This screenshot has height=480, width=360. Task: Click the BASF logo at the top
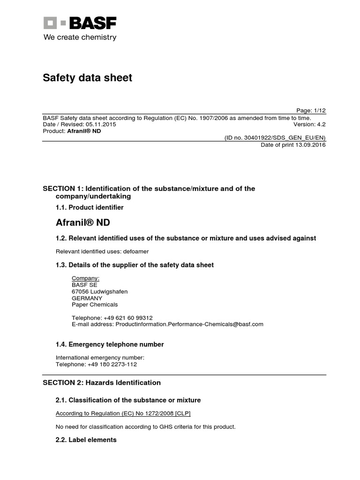[x=80, y=23]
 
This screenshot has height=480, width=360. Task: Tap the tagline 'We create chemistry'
[x=80, y=37]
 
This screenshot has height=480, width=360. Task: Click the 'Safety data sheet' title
[x=88, y=78]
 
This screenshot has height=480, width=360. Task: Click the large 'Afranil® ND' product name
[x=83, y=222]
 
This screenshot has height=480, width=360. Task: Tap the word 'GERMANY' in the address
[x=87, y=298]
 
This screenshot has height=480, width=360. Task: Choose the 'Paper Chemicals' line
[x=95, y=305]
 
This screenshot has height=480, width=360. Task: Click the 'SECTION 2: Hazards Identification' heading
[x=102, y=382]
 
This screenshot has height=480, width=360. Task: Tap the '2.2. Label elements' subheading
[x=86, y=440]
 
